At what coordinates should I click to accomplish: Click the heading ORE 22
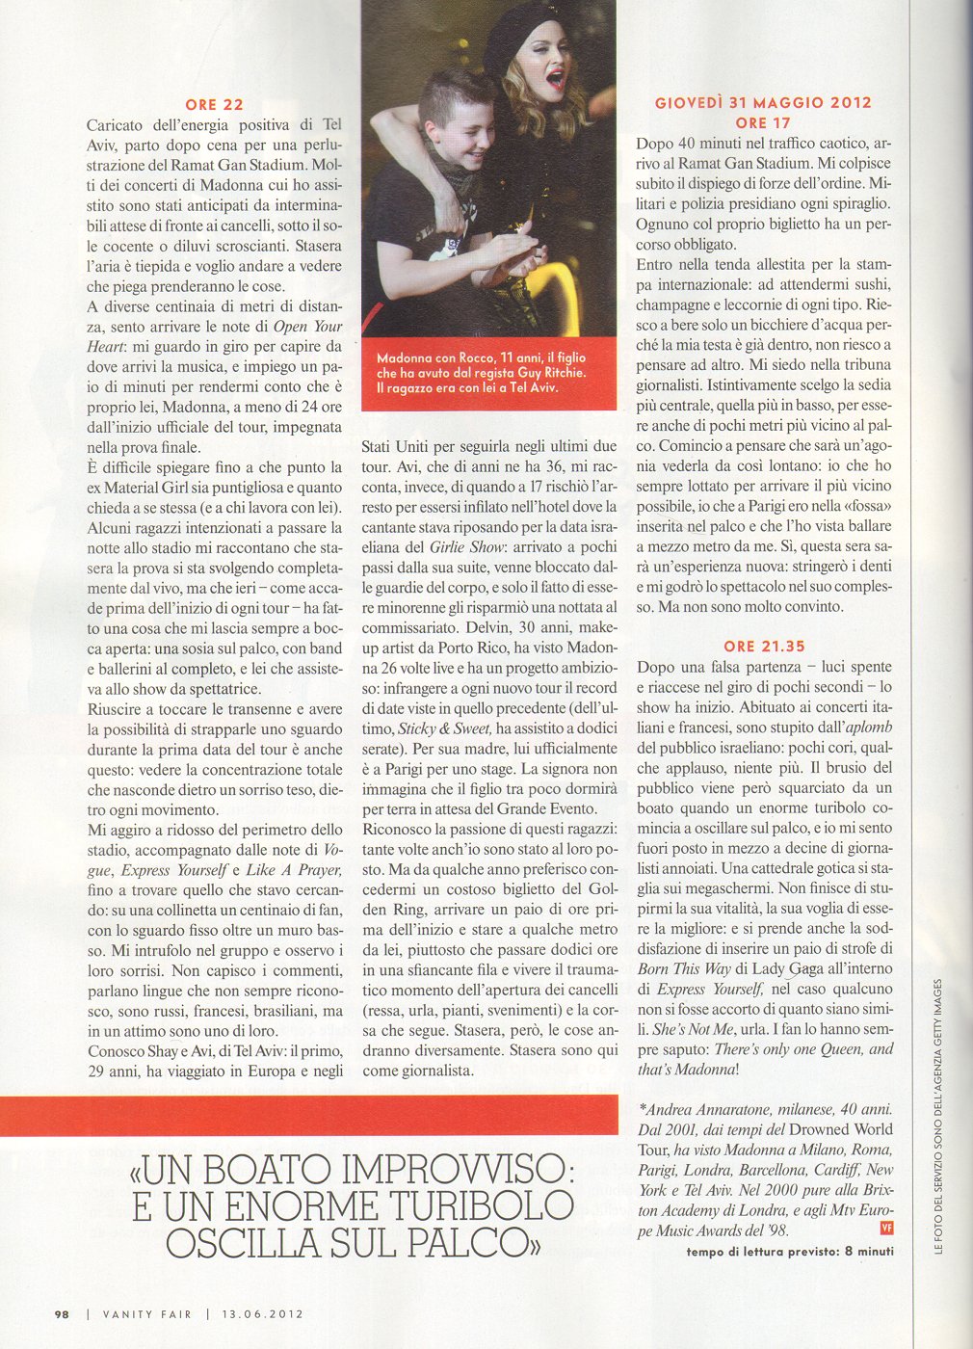coord(214,104)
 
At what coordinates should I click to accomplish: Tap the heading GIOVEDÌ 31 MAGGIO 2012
coord(763,102)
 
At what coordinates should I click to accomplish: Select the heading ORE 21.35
coord(764,646)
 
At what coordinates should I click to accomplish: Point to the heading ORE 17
coord(763,122)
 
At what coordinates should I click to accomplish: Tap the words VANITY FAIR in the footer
coord(146,1312)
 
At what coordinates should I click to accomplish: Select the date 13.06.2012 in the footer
coord(262,1312)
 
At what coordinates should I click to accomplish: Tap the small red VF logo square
coord(886,1228)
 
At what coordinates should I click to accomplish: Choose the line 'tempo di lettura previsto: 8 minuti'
coord(790,1251)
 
